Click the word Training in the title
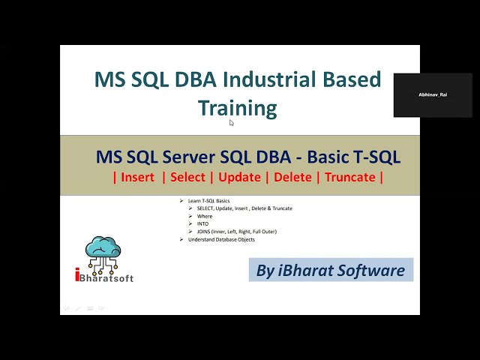[238, 108]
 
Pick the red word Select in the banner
[187, 177]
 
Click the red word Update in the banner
[241, 177]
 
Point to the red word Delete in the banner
[292, 177]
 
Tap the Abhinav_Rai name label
[433, 95]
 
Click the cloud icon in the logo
[103, 250]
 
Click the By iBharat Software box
[330, 271]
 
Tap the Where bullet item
[205, 216]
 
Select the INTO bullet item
[203, 223]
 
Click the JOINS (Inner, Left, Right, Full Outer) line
[236, 232]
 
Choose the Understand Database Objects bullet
[221, 239]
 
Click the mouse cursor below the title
[232, 123]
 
